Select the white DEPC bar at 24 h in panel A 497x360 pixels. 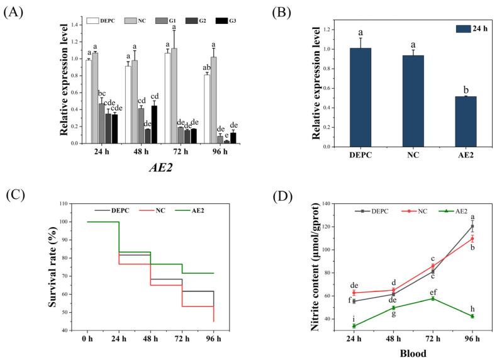click(89, 101)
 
